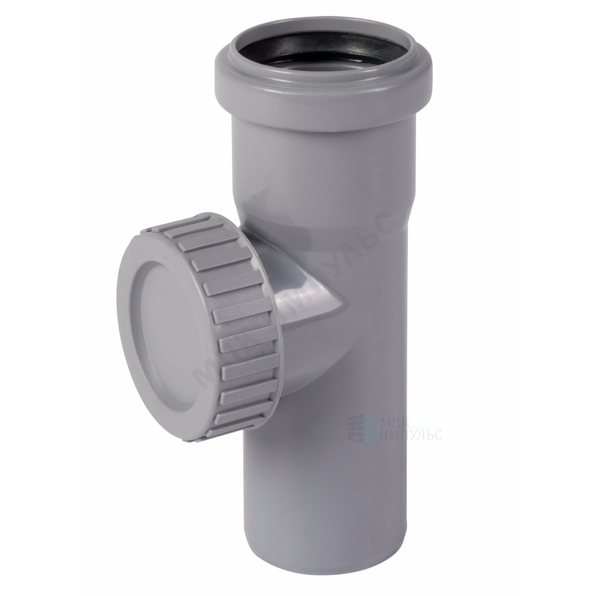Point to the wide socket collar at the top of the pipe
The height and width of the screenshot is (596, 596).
click(x=322, y=93)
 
